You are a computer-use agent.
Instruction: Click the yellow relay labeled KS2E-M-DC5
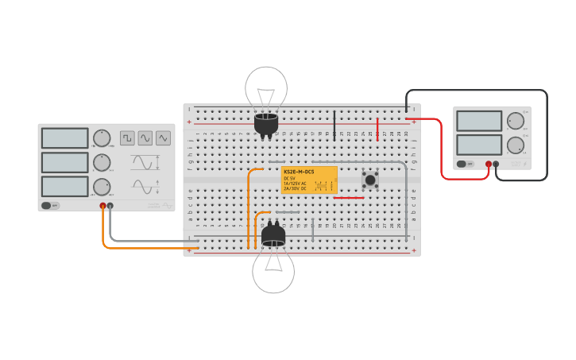click(x=309, y=180)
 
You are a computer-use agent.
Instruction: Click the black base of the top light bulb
click(x=266, y=124)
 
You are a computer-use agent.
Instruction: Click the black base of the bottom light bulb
click(x=273, y=235)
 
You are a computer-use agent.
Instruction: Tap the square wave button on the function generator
click(x=127, y=138)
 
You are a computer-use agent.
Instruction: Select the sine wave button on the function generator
click(x=145, y=138)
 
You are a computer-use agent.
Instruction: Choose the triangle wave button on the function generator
click(x=163, y=138)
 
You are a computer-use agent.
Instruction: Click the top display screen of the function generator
click(x=65, y=137)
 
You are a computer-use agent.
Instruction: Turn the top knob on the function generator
click(x=102, y=137)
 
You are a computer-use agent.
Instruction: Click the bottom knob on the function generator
click(x=102, y=187)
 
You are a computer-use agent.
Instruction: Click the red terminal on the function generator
click(x=102, y=206)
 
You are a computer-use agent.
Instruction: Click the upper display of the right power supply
click(x=479, y=121)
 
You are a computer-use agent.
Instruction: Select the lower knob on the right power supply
click(x=516, y=145)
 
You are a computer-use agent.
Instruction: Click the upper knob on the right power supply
click(x=516, y=121)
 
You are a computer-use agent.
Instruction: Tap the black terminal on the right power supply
click(x=496, y=164)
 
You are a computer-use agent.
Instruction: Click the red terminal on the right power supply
click(x=488, y=164)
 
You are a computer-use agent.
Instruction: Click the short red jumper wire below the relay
click(x=349, y=198)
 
